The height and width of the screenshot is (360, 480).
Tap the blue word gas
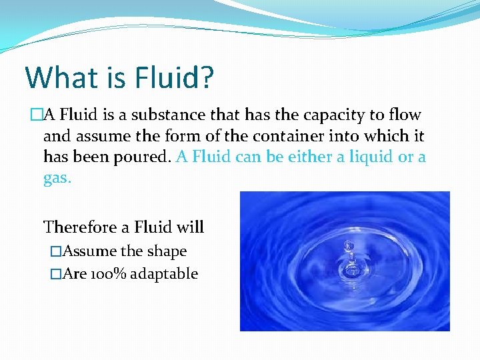[x=57, y=179]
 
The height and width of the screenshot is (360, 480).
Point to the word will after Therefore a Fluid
[x=190, y=227]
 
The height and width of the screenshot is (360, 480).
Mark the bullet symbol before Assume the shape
[x=56, y=252]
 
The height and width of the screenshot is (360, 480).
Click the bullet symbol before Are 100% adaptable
[x=56, y=274]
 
